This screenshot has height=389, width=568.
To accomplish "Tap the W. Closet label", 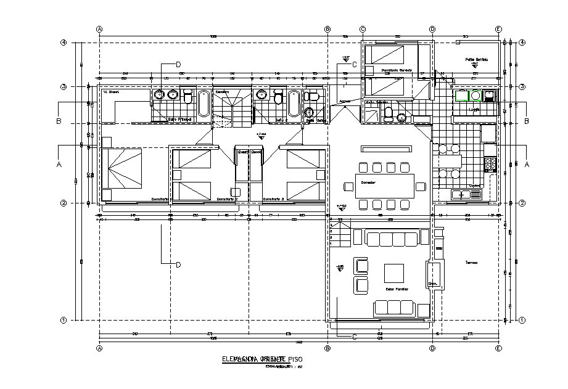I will tap(111, 92).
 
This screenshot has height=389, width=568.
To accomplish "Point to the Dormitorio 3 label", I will tap(273, 199).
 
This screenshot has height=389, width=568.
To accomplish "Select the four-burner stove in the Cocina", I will tap(490, 164).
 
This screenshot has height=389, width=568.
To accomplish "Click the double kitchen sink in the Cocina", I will tap(466, 195).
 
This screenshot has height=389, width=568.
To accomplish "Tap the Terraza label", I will tap(472, 263).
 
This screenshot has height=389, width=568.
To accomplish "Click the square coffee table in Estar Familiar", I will tap(393, 272).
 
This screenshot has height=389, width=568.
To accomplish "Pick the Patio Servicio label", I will tap(476, 60).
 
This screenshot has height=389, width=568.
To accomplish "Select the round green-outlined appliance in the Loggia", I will tap(475, 96).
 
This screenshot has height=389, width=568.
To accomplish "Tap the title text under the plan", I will tap(263, 358).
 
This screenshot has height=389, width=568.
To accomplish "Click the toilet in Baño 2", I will tap(278, 99).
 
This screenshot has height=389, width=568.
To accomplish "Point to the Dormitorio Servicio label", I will tap(397, 70).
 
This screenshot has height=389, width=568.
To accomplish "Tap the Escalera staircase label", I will tap(222, 92).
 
